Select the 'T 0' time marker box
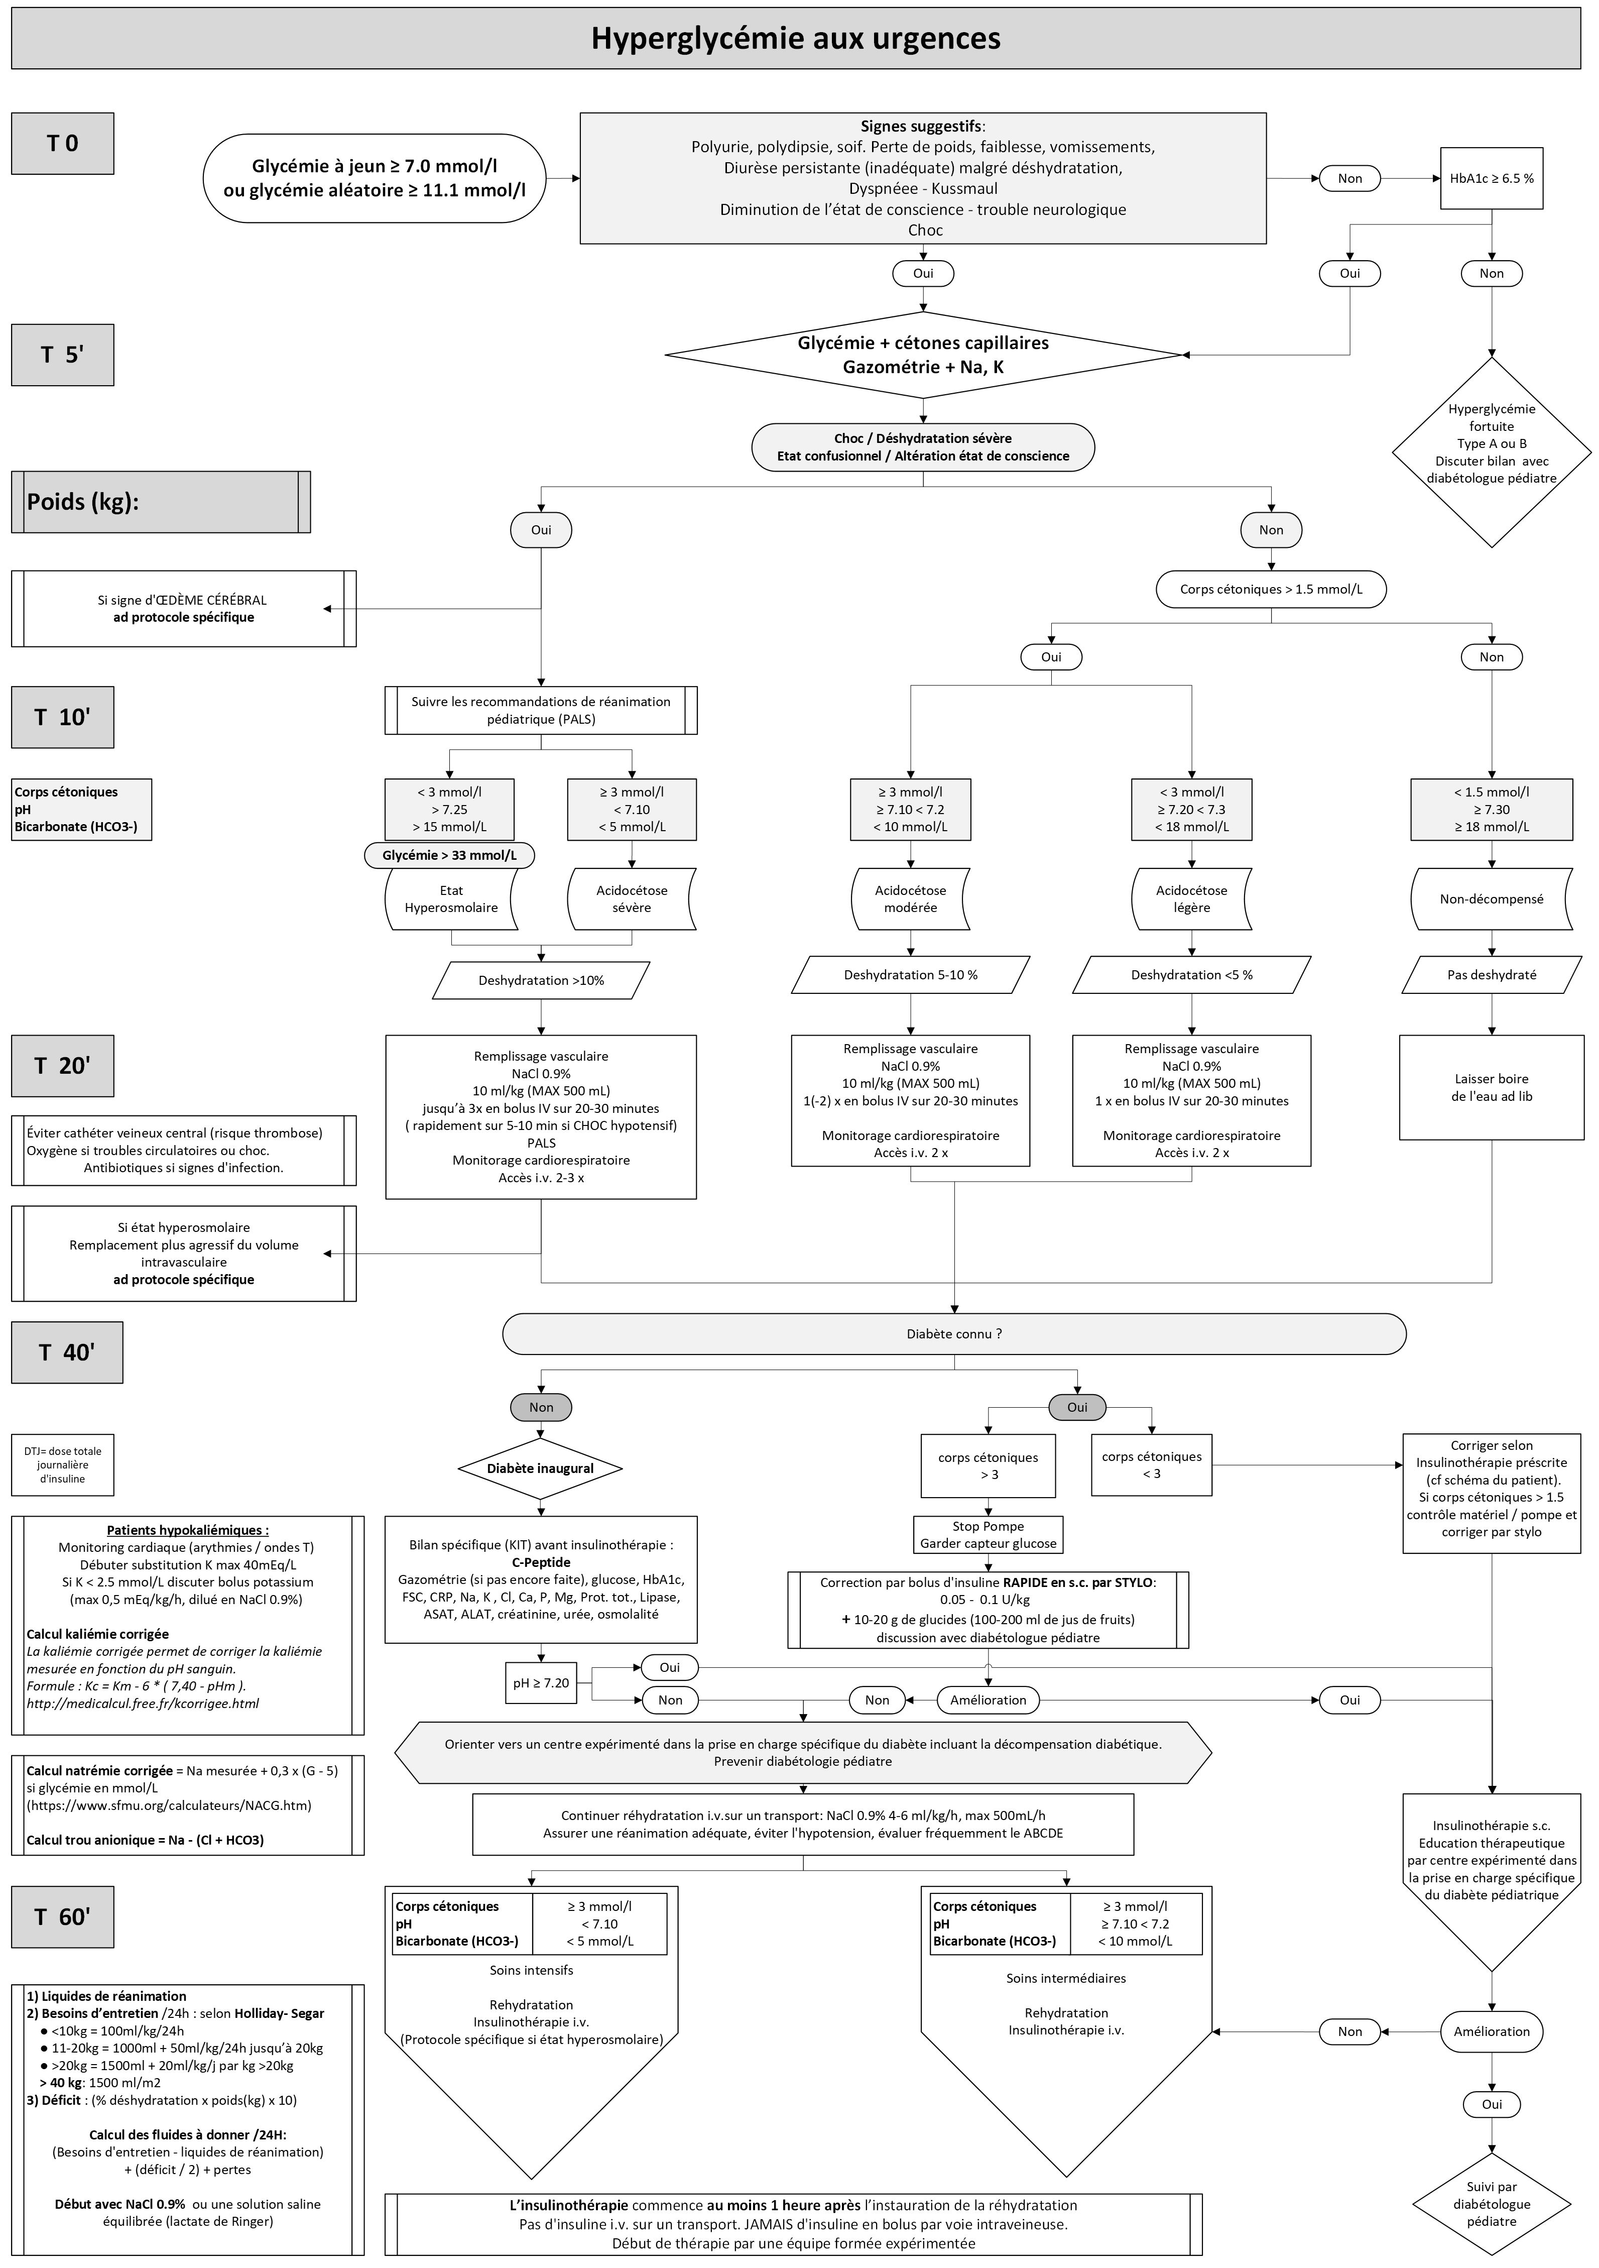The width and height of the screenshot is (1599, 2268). pos(62,143)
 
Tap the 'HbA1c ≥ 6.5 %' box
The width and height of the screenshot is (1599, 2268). pos(1492,179)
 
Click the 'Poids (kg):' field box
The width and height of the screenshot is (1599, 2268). pos(161,502)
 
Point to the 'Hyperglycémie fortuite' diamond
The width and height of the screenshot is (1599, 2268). pos(1492,452)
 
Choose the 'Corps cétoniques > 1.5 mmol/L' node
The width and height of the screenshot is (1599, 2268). pos(1271,590)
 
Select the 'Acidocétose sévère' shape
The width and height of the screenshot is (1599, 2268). pos(632,899)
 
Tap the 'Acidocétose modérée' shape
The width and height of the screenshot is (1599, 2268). pos(911,899)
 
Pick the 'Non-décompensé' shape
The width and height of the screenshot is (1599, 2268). pos(1492,899)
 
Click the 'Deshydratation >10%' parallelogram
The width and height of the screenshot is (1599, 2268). pos(541,981)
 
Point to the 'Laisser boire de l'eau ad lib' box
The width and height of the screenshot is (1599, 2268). pos(1492,1088)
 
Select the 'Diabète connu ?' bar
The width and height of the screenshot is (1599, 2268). pos(954,1333)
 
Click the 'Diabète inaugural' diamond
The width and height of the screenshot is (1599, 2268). pos(540,1468)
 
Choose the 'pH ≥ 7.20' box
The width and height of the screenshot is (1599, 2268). pos(541,1683)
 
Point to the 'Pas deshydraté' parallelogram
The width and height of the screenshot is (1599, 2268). pos(1492,975)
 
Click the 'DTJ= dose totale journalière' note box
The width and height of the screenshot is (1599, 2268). pos(62,1465)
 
